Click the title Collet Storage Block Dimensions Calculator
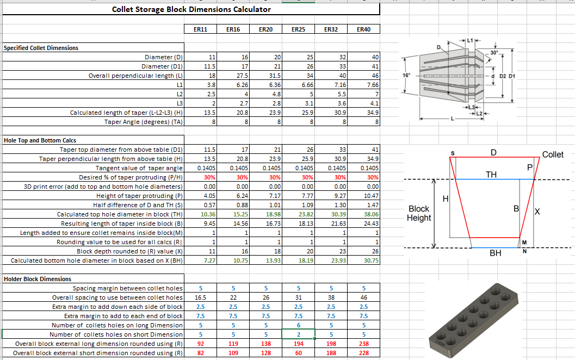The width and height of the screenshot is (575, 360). (x=191, y=9)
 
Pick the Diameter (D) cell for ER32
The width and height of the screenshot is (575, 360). (x=331, y=57)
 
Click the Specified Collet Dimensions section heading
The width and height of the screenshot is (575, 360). (x=41, y=48)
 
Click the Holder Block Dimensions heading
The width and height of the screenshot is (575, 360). (x=37, y=279)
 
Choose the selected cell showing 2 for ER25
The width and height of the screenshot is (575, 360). (x=298, y=334)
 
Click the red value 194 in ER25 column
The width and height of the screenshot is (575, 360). (x=298, y=344)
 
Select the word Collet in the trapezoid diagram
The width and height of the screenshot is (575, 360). (x=553, y=154)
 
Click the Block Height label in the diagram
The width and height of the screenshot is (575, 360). (x=419, y=213)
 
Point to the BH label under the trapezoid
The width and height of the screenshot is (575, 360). (x=495, y=253)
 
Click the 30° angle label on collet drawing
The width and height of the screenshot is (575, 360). (x=493, y=52)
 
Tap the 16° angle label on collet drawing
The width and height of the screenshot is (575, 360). (x=406, y=76)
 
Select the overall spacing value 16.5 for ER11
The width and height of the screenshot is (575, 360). (x=200, y=297)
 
